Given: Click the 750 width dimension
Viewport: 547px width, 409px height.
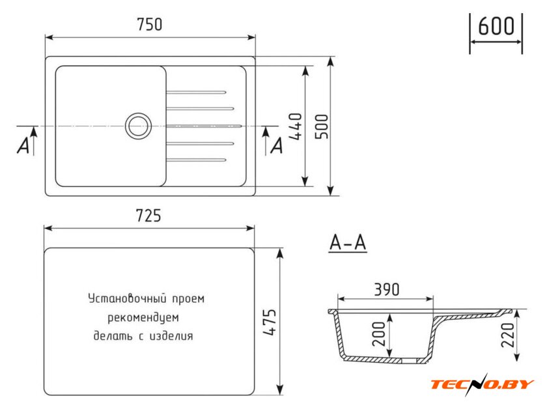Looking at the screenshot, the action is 150,25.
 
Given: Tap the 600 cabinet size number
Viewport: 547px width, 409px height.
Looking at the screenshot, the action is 496,25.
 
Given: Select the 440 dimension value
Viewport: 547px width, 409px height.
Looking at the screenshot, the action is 295,126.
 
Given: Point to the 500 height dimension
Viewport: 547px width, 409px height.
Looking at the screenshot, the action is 322,126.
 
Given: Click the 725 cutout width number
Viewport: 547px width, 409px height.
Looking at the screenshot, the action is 148,216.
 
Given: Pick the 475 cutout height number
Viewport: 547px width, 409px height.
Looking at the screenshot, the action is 270,322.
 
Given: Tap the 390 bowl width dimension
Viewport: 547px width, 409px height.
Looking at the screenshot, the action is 387,290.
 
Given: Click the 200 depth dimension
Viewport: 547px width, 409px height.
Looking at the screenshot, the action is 379,334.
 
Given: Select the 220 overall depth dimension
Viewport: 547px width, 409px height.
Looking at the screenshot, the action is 508,335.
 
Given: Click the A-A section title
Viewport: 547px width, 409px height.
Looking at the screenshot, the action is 348,242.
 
